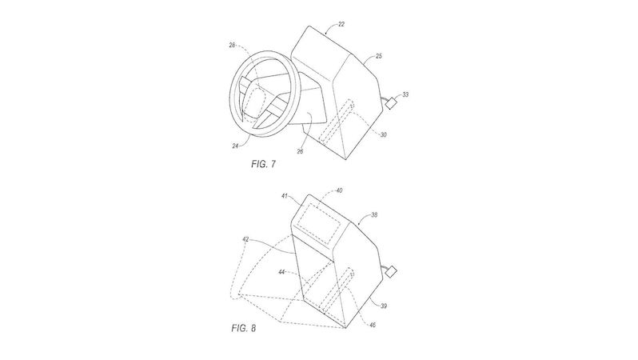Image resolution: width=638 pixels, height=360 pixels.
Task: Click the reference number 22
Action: [341, 25]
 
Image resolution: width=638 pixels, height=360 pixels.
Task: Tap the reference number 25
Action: [378, 56]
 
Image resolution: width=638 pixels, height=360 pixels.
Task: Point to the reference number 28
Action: [232, 45]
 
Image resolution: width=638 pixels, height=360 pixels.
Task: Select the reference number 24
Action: [235, 146]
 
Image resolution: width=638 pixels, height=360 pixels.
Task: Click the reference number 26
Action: [300, 151]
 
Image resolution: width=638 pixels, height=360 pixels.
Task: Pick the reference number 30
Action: [383, 134]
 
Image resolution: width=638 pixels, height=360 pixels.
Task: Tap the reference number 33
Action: [405, 94]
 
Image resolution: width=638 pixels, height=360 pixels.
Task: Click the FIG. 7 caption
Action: [264, 164]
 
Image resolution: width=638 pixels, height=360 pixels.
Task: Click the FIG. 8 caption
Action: [244, 328]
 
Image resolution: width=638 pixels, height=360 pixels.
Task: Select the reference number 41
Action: [285, 196]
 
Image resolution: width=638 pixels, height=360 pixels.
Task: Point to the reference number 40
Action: [339, 190]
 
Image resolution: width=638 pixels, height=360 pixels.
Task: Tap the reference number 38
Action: [374, 214]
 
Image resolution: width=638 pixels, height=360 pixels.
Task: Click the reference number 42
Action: [245, 239]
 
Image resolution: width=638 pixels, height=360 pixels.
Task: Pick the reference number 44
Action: [281, 272]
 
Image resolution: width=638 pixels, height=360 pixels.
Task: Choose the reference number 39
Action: [383, 306]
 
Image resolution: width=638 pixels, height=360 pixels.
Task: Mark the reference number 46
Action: [373, 325]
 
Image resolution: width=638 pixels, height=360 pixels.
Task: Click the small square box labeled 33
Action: [392, 103]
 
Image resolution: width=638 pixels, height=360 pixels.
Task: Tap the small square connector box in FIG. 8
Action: [392, 272]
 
